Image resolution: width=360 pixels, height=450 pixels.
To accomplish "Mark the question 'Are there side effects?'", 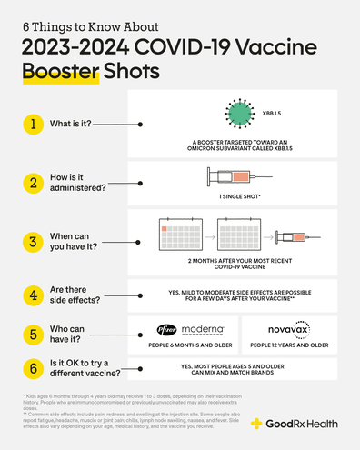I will pyautogui.click(x=80, y=295).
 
